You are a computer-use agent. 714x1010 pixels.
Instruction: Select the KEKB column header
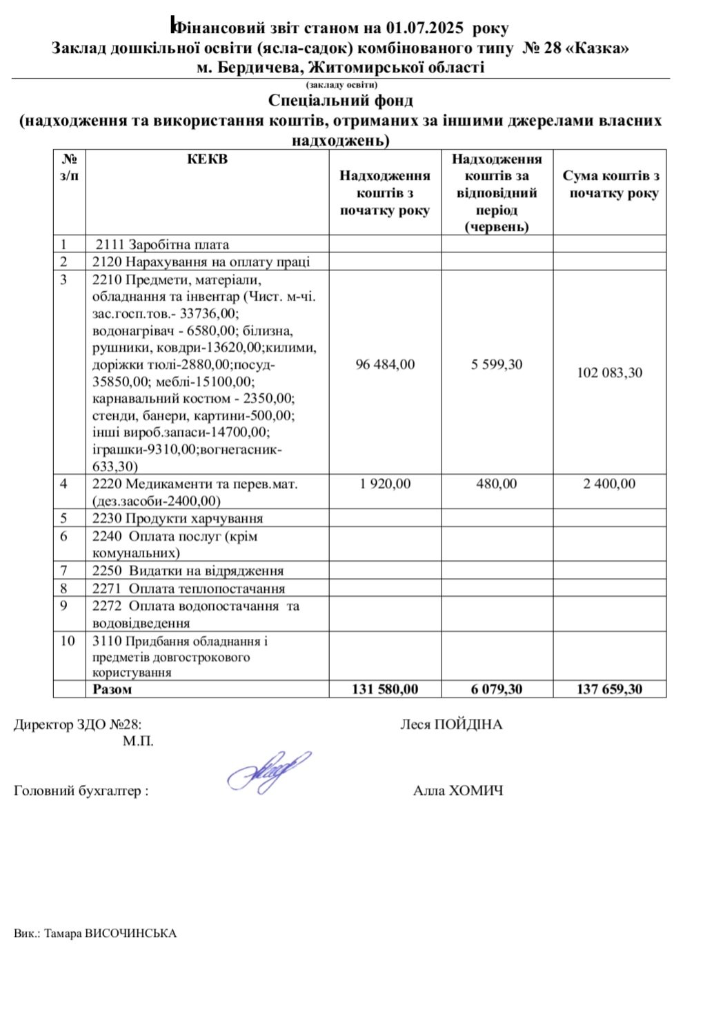click(207, 159)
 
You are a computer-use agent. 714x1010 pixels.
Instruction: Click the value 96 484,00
click(385, 364)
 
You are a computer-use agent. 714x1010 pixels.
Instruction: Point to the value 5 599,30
click(497, 364)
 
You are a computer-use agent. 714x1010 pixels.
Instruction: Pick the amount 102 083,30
click(609, 373)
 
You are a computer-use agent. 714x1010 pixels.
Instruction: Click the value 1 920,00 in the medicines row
click(385, 484)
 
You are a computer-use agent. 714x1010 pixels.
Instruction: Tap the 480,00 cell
click(497, 484)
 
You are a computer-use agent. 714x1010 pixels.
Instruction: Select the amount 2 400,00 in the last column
click(609, 484)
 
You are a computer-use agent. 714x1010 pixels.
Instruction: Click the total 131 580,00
click(385, 689)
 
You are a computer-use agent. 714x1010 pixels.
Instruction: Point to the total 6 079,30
click(497, 689)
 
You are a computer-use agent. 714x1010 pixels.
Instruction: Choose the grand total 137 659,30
click(609, 689)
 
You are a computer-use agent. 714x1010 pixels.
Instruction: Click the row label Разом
click(112, 689)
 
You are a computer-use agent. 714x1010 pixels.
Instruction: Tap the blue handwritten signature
click(269, 771)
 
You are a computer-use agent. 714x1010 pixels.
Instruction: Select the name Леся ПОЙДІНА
click(451, 724)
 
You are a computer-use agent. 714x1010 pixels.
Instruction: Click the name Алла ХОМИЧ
click(458, 791)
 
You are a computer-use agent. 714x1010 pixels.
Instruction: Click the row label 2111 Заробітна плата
click(162, 244)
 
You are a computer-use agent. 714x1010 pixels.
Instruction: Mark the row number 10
click(68, 641)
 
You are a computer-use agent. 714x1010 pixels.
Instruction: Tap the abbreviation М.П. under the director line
click(139, 742)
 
